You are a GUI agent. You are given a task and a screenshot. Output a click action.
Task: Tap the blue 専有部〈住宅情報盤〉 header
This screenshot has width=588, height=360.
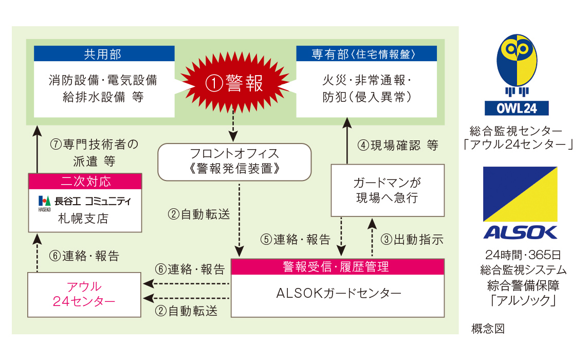coord(366,53)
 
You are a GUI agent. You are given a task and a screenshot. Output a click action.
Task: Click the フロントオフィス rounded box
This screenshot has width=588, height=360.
coord(235,161)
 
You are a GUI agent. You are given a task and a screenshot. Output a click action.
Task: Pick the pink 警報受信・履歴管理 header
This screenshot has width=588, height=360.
coord(337,266)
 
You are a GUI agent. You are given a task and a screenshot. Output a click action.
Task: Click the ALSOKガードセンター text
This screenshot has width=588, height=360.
coord(337,295)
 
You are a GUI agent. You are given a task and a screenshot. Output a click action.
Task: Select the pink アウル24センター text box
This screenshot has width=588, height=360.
coord(84,295)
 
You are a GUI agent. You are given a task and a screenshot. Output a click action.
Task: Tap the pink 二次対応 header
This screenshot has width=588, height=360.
coord(84,181)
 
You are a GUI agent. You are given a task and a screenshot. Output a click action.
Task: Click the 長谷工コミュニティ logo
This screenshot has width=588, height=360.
coord(84,201)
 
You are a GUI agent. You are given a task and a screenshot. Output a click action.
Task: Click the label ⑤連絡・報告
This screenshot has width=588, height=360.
coord(295,239)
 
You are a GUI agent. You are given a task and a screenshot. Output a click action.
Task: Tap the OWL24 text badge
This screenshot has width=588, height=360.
coord(517,108)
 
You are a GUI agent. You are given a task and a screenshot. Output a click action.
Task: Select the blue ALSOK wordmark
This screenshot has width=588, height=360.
coord(520,232)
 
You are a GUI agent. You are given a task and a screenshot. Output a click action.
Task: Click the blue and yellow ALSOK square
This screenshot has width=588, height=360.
coord(520,194)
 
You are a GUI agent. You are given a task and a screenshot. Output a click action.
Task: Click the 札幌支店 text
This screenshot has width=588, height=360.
coord(84,218)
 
